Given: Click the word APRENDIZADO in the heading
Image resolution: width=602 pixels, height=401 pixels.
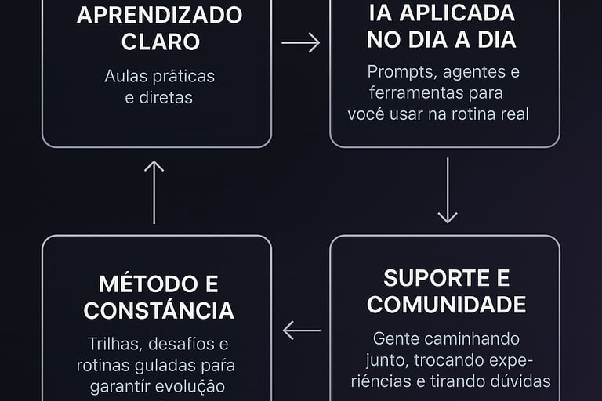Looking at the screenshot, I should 159,15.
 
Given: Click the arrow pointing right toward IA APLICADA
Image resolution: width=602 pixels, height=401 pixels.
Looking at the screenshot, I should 301,42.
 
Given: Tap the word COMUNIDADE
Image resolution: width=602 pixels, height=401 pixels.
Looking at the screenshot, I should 446,304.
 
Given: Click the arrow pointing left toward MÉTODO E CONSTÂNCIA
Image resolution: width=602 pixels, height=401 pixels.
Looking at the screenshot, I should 302,331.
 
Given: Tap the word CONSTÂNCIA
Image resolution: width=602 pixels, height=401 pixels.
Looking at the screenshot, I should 159,310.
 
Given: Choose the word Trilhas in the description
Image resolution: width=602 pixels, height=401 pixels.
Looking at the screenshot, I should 113,345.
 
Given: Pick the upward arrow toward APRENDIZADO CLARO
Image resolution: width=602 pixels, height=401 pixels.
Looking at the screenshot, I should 154,192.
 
